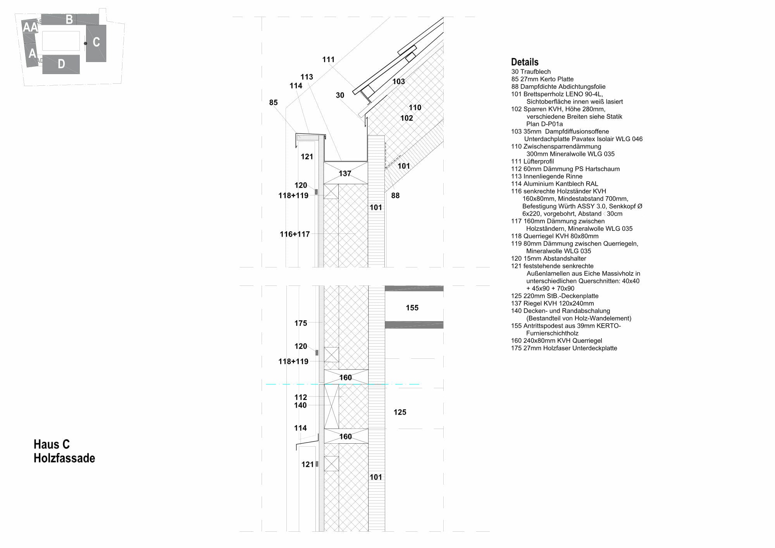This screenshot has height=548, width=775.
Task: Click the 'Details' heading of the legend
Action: coord(525,62)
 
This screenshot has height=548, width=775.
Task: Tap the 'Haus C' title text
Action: coord(52,444)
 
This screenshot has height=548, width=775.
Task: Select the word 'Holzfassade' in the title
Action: coord(64,458)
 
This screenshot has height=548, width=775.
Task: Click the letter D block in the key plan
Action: coord(61,64)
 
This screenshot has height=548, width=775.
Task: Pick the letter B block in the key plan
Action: coord(69,19)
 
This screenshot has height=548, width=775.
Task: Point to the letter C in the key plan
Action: coord(96,42)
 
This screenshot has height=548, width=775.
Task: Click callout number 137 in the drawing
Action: coord(345,173)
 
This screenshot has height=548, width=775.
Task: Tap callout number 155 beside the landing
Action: coord(412,308)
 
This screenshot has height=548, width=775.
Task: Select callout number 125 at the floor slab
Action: coord(400,412)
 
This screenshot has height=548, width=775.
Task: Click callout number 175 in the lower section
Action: coord(301,323)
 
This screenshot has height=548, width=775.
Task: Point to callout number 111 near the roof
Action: coord(328,59)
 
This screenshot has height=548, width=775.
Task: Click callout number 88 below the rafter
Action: coord(395,195)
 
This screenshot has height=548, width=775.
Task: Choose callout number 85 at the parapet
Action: coord(273,102)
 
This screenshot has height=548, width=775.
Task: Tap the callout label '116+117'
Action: coord(294,234)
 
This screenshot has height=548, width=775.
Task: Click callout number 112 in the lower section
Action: coord(301,397)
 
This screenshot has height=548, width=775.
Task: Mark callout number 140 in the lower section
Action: coord(300,405)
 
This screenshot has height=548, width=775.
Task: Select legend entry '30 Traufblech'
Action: coord(531,71)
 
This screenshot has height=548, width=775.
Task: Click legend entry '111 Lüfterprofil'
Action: coord(532,161)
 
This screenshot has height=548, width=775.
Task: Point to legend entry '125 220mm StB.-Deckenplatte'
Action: coord(555,296)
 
